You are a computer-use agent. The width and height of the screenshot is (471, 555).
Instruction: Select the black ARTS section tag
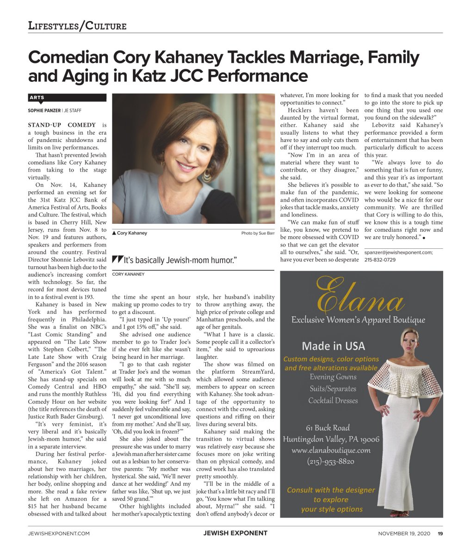37,98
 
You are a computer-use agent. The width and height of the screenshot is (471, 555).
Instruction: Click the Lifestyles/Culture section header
77,25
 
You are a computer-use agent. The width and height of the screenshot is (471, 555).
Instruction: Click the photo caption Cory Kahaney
132,233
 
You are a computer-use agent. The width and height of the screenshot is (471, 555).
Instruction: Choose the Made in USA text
333,346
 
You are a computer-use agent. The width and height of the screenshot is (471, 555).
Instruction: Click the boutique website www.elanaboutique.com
331,450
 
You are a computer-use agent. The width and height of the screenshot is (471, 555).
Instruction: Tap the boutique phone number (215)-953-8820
331,461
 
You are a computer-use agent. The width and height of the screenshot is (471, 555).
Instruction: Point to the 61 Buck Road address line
328,428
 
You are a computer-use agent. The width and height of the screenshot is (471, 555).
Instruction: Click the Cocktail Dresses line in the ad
333,401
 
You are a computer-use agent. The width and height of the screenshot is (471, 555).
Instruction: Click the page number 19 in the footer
440,533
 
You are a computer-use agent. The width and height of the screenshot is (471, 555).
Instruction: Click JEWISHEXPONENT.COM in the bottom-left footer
59,533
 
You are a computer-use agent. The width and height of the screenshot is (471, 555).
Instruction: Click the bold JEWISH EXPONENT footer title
235,533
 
